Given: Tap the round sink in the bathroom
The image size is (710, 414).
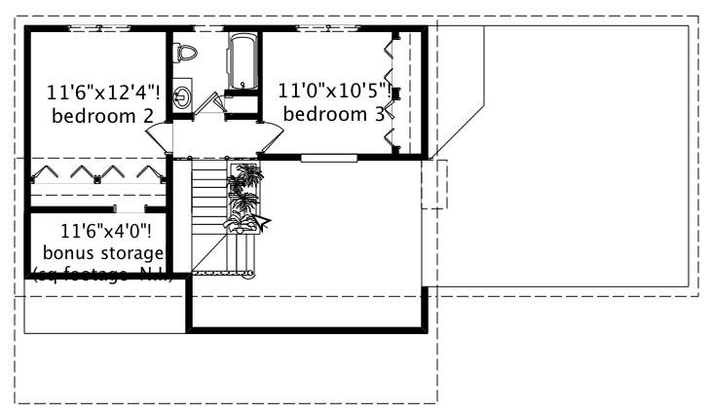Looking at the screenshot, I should (x=183, y=96).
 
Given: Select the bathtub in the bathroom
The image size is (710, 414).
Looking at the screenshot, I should (x=242, y=60).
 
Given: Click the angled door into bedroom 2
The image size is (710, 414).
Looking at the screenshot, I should (x=162, y=135).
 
